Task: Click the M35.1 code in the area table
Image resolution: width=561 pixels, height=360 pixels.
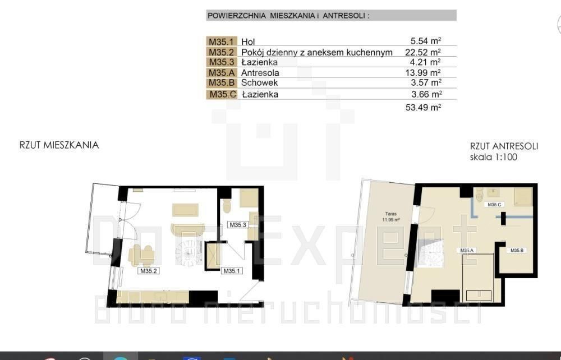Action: [x=220, y=41]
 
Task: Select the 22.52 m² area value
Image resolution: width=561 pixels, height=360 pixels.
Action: [x=423, y=52]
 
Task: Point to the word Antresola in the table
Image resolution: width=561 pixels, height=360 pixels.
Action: [x=260, y=73]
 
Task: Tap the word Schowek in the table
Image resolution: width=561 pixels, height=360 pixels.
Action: [x=259, y=82]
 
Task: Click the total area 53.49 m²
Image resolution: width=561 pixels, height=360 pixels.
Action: [x=423, y=107]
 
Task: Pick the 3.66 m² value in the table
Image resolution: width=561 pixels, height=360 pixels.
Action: [x=427, y=94]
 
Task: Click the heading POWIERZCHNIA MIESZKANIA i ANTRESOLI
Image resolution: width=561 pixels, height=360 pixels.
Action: [x=288, y=16]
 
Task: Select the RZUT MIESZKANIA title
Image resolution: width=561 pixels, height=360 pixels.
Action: [x=59, y=145]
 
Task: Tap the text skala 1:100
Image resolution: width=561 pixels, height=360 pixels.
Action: [x=493, y=157]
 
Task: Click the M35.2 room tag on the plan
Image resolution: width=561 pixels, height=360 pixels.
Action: [x=149, y=271]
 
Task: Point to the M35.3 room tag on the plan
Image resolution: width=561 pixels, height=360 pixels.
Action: [x=238, y=225]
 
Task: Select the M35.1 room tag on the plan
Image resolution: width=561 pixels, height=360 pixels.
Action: [x=232, y=271]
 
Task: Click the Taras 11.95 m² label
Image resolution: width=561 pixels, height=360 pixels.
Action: [x=390, y=217]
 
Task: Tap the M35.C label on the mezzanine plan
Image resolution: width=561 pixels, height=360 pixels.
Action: [x=494, y=205]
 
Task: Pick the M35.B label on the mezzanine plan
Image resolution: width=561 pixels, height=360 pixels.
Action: [x=517, y=251]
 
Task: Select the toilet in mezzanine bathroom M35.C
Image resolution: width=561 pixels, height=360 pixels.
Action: [x=480, y=195]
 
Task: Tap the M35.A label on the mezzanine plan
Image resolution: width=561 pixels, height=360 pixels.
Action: [x=467, y=251]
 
